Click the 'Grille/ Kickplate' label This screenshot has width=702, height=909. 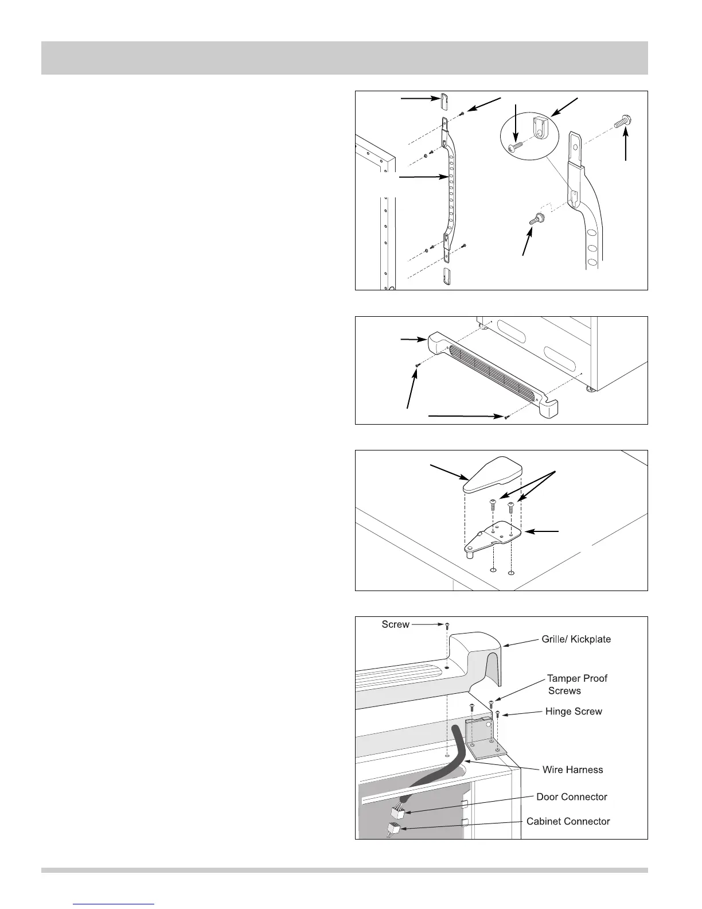(576, 639)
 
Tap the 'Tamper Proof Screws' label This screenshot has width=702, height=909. (576, 685)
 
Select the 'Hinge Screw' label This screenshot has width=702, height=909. (574, 712)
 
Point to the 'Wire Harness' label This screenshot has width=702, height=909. (572, 770)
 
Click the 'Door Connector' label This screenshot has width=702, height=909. (571, 797)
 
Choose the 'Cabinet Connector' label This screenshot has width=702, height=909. (568, 821)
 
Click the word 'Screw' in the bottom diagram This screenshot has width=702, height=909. (395, 624)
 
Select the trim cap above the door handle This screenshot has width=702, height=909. (444, 101)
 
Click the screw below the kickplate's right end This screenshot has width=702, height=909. (506, 417)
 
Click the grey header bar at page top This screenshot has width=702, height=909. (344, 58)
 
